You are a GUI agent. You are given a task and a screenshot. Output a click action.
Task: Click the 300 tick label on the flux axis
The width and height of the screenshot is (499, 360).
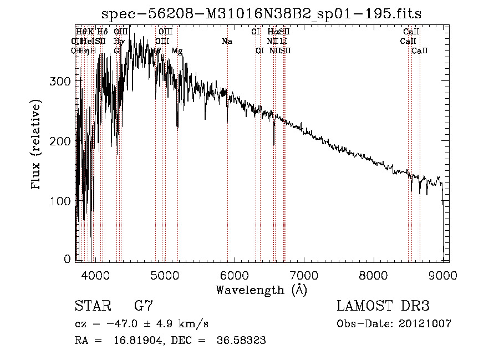click(x=63, y=81)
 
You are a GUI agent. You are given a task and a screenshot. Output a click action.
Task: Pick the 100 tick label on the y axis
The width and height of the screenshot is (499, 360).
click(x=63, y=200)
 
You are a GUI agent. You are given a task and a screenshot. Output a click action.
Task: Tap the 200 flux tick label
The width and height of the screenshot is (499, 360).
click(x=63, y=141)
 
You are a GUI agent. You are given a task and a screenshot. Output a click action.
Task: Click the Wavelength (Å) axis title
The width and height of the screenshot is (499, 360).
click(x=262, y=289)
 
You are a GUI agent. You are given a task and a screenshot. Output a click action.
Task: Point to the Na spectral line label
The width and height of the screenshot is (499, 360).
click(x=227, y=42)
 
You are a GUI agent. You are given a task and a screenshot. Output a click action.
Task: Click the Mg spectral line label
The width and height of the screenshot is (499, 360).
click(x=177, y=51)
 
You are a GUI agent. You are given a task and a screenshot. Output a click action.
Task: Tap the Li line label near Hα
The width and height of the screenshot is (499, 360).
click(x=283, y=42)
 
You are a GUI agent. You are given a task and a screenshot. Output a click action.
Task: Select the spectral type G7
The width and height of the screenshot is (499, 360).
click(x=143, y=306)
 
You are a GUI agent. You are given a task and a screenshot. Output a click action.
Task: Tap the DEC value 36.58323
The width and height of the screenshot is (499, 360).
click(x=242, y=341)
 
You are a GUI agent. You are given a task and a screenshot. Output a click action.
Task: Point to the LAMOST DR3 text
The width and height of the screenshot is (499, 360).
click(x=383, y=306)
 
